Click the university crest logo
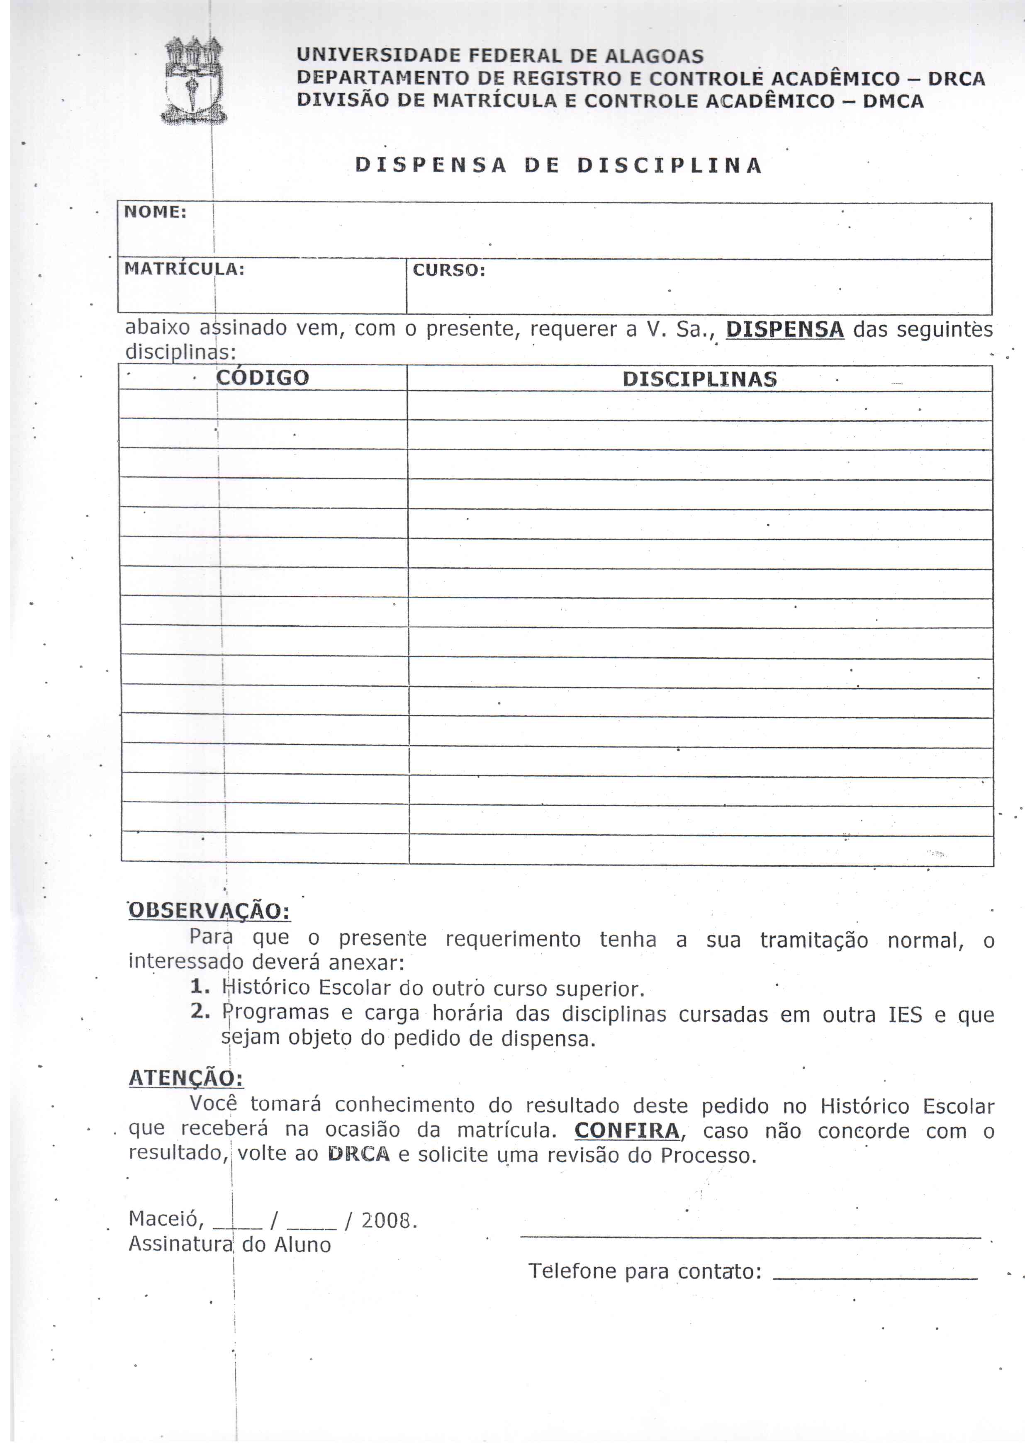click(193, 81)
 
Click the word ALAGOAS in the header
click(654, 56)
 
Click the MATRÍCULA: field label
click(184, 269)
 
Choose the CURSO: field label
click(449, 270)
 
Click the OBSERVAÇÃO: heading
click(209, 911)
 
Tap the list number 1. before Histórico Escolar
click(200, 987)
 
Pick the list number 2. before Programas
click(200, 1011)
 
